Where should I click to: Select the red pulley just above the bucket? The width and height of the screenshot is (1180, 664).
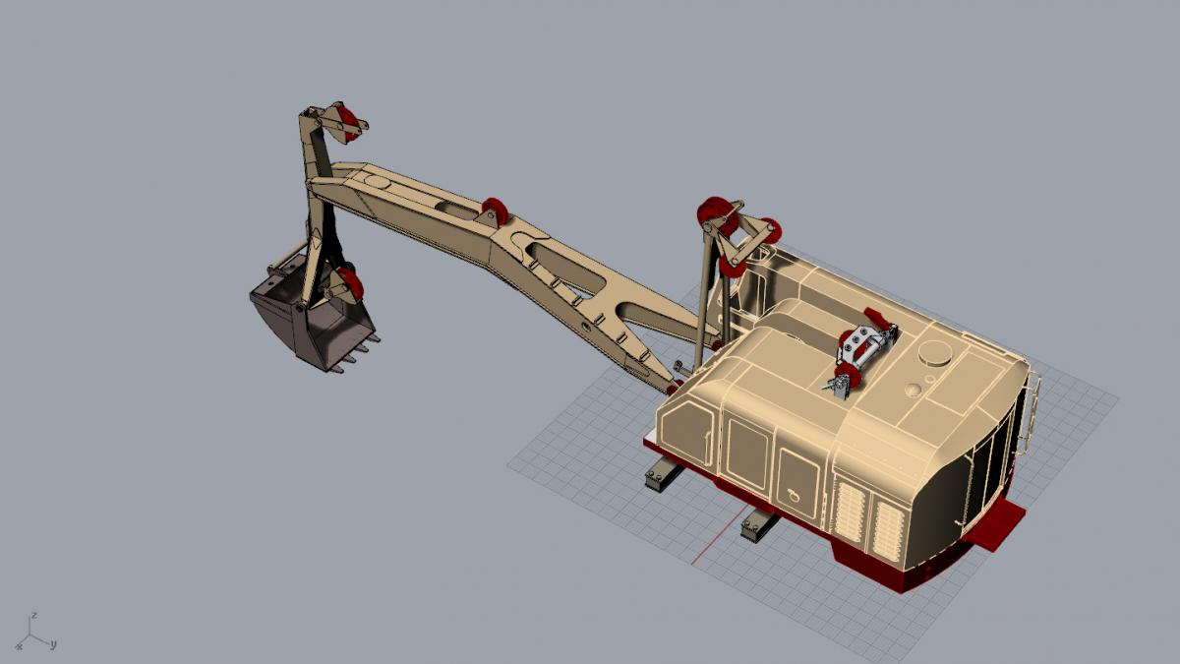pos(350,283)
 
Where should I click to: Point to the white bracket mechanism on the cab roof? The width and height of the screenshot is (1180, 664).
pos(864,351)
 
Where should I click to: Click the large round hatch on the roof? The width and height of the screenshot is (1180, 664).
pos(935,352)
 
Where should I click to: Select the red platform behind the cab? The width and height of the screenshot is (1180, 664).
pos(995,524)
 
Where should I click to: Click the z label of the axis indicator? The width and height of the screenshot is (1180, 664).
pos(33,615)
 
